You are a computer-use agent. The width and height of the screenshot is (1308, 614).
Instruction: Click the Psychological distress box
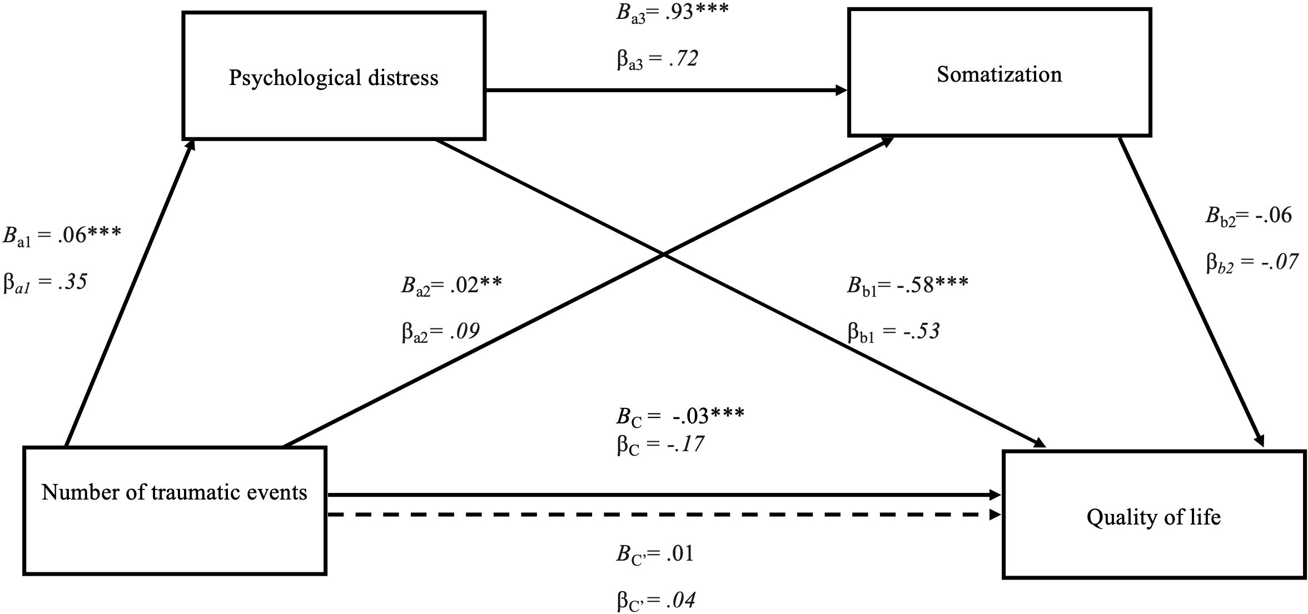click(x=334, y=76)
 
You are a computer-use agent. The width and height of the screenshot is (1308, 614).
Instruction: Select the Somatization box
click(x=999, y=73)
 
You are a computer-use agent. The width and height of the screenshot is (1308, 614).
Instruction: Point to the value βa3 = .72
click(x=657, y=58)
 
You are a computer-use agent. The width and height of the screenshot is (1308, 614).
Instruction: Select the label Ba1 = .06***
click(x=62, y=235)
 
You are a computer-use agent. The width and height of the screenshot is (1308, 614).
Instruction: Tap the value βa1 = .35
click(x=46, y=282)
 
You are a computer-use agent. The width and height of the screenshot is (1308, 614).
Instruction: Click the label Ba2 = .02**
click(x=451, y=286)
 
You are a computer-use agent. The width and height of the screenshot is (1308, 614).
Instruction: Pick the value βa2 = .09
click(x=440, y=332)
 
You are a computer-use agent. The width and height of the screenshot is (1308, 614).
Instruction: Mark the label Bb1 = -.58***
click(x=907, y=286)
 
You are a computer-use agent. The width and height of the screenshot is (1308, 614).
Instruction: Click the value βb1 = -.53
click(x=893, y=332)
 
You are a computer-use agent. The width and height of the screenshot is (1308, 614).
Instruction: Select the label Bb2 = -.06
click(x=1249, y=216)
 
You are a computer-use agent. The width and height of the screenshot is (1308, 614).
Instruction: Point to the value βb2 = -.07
click(x=1252, y=262)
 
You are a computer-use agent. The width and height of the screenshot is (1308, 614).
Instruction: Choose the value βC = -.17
click(x=660, y=445)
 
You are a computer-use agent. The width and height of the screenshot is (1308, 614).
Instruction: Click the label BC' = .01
click(x=655, y=554)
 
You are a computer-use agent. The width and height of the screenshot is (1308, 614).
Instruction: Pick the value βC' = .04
click(x=656, y=601)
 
